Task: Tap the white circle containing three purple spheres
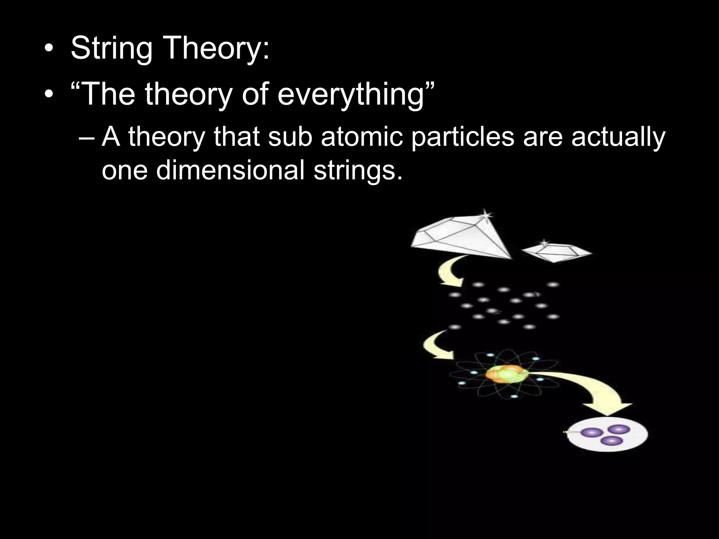tap(608, 435)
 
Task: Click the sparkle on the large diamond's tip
tap(486, 214)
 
